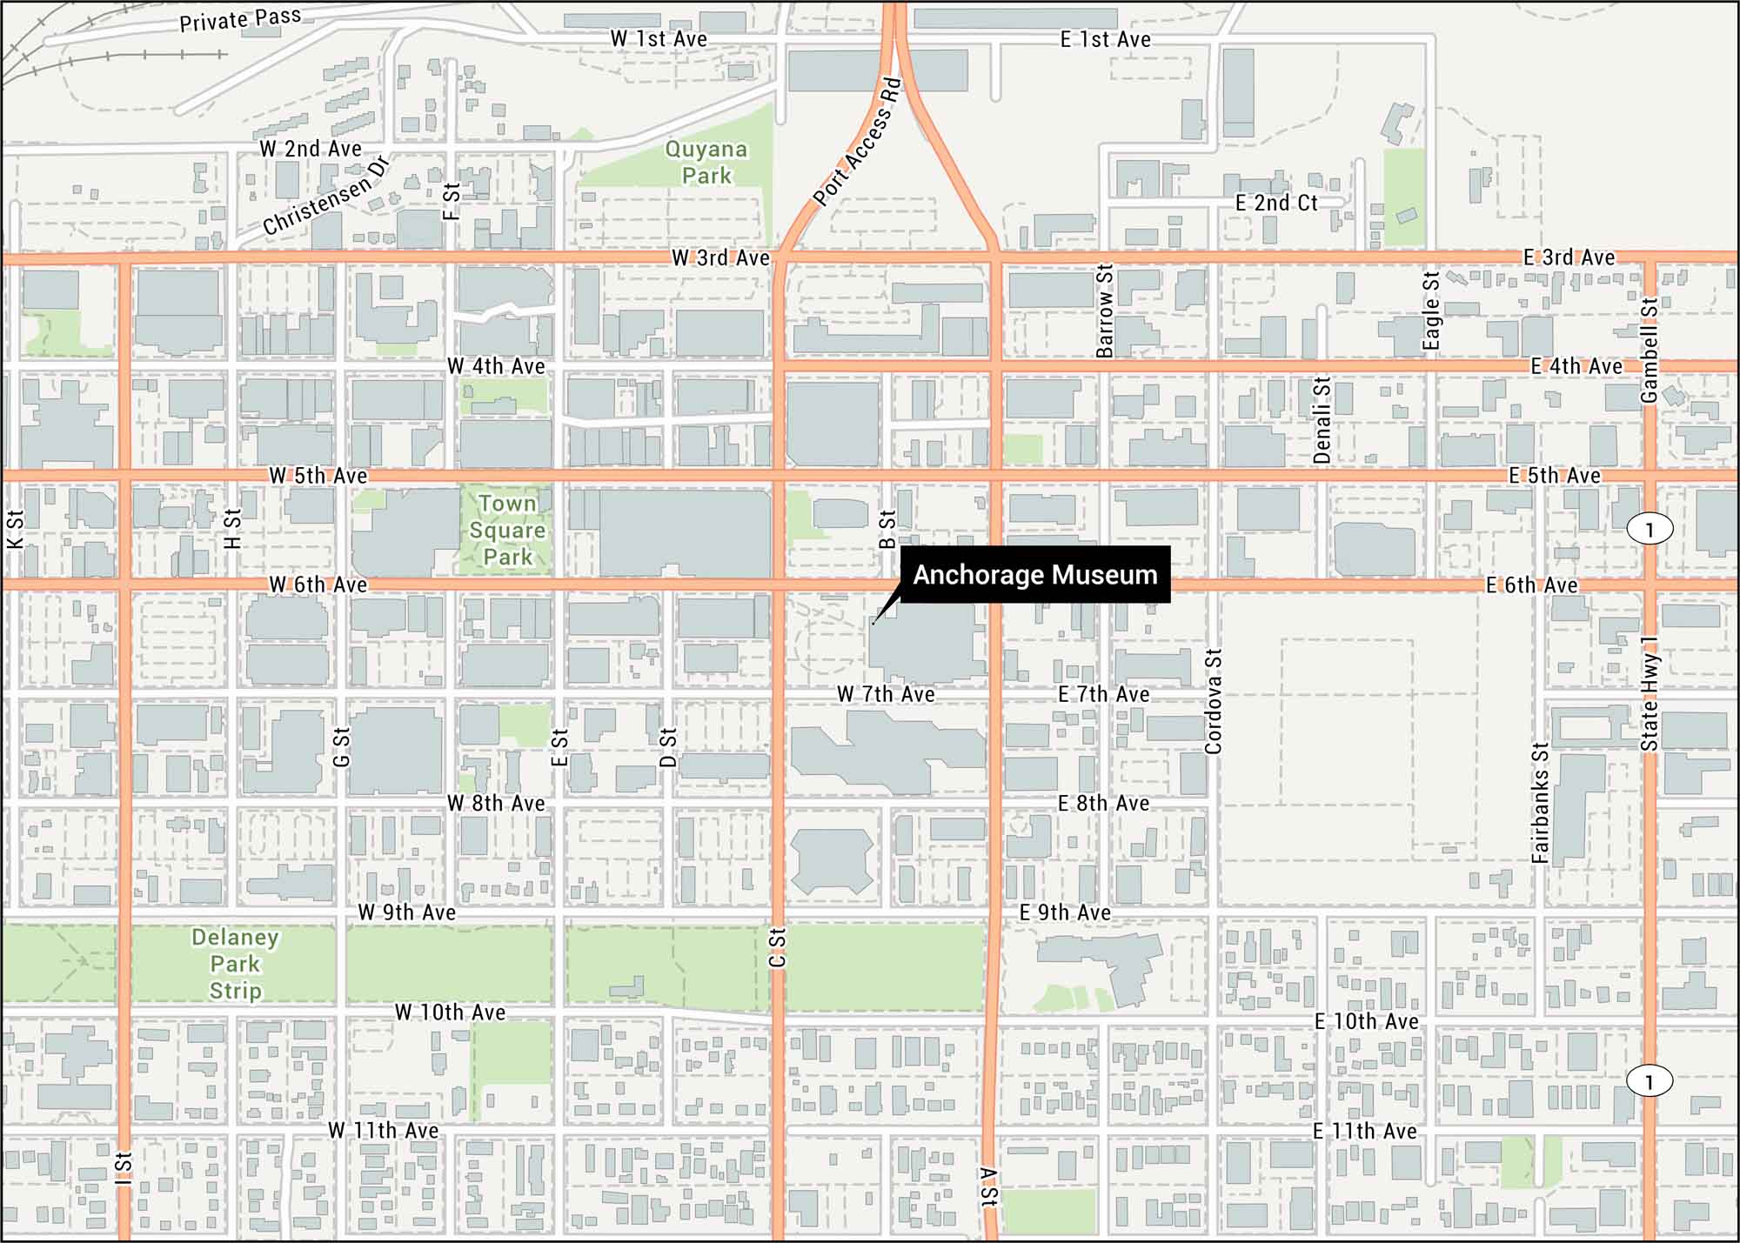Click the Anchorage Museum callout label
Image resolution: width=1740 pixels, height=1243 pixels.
pos(1034,575)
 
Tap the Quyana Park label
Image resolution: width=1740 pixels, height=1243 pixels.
pos(706,163)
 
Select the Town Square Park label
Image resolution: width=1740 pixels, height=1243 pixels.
pos(507,530)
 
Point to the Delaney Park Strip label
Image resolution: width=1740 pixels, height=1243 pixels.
pos(235,964)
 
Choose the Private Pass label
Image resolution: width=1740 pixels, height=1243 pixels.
pos(240,19)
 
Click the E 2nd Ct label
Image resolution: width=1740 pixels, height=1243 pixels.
pos(1276,203)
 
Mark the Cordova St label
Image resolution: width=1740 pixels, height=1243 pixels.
pos(1214,701)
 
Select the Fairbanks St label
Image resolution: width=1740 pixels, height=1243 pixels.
pos(1540,803)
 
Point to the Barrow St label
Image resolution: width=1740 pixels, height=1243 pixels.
pos(1105,311)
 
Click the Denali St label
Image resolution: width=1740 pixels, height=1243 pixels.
pos(1322,420)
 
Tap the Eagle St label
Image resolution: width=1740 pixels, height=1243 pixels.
pos(1431,311)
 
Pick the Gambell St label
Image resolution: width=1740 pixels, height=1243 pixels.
pos(1649,351)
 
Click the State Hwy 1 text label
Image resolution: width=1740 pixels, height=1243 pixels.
pos(1650,693)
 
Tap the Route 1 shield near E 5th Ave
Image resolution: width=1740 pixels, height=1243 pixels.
pos(1650,529)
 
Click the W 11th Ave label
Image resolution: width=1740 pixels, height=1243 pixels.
pos(383,1130)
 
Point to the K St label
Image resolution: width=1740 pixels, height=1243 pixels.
pos(16,529)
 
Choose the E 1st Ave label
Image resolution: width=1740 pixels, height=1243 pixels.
pos(1105,39)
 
